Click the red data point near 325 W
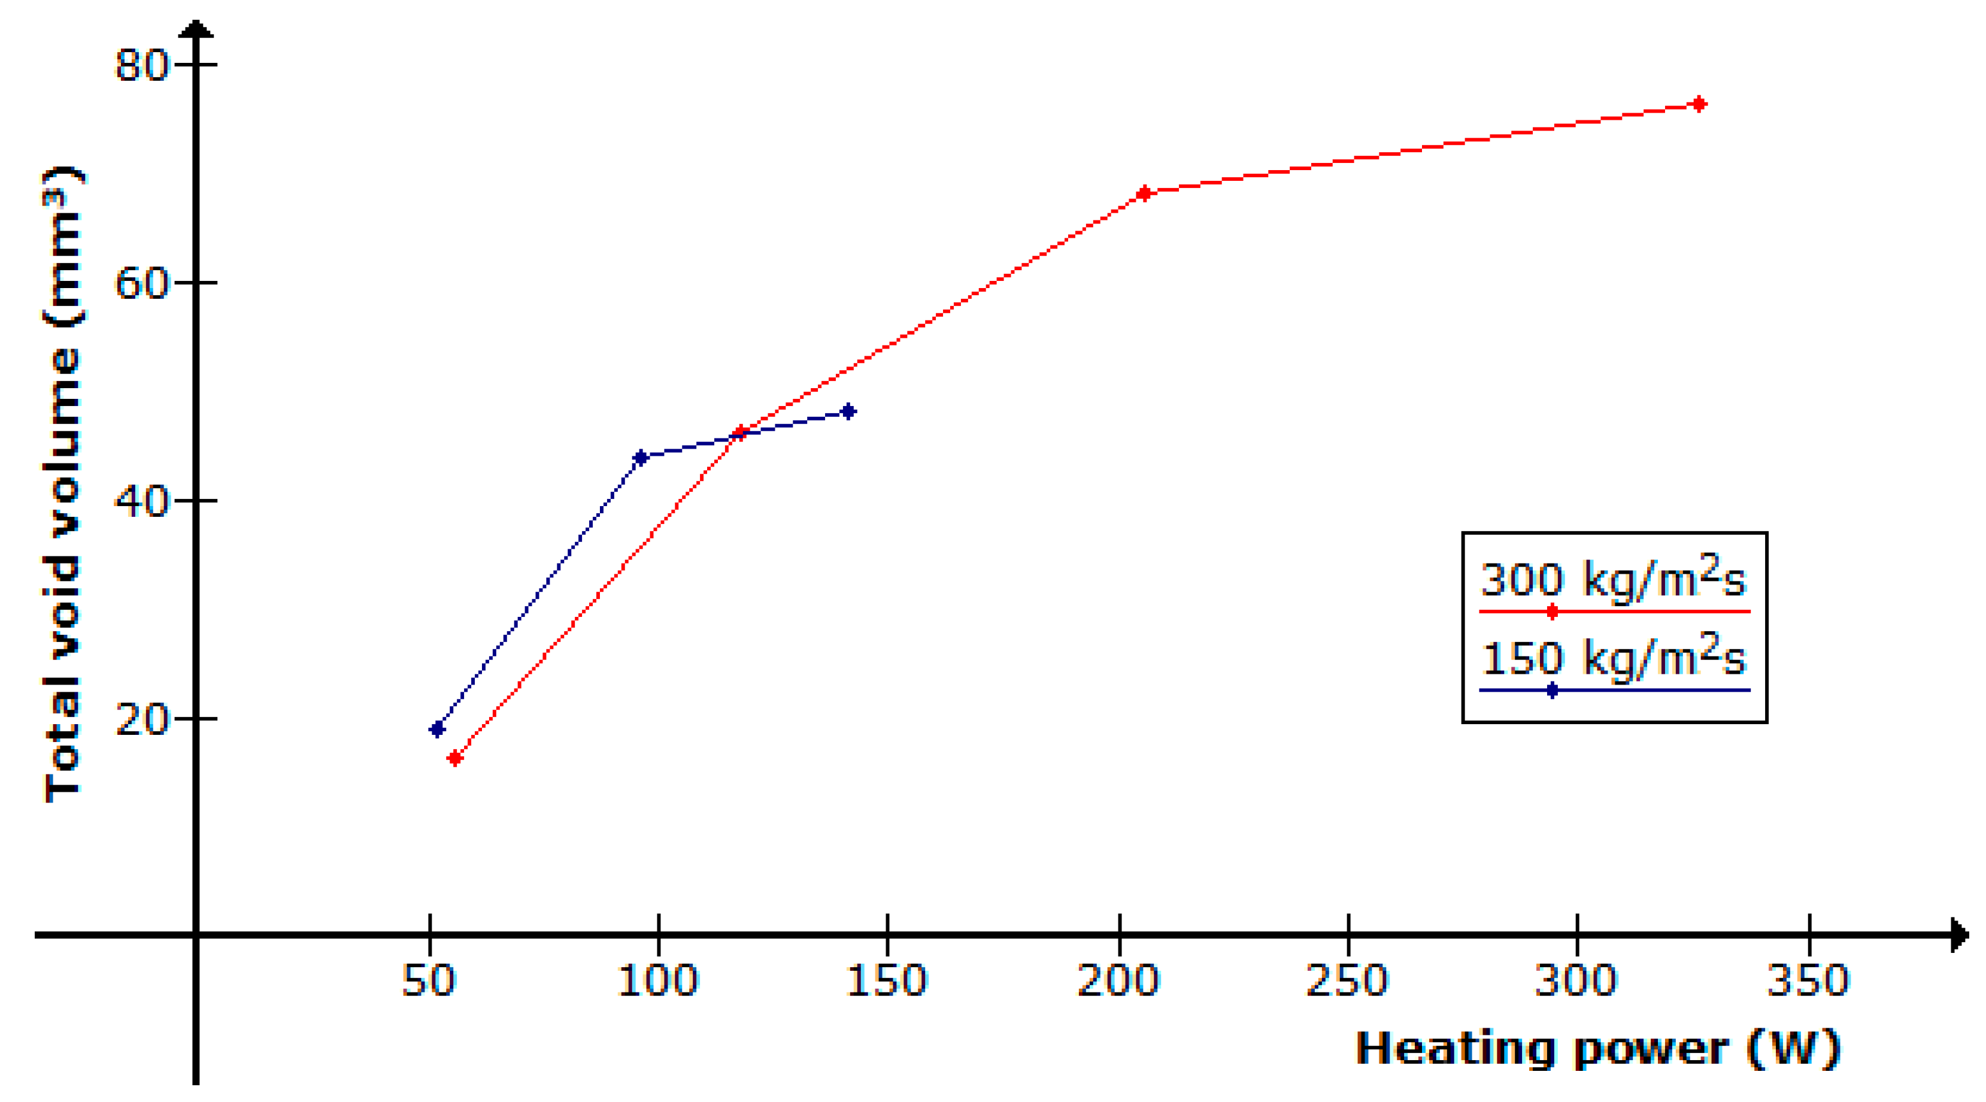point(1699,104)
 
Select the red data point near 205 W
point(1144,193)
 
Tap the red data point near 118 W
point(740,432)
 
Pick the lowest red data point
point(455,758)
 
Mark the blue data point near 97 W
point(640,458)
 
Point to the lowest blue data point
point(437,729)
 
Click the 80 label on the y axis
point(142,65)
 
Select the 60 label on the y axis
point(142,283)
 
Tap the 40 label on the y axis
point(142,501)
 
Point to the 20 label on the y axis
point(142,719)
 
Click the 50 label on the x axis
point(429,980)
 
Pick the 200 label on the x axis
point(1118,980)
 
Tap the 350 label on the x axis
point(1808,980)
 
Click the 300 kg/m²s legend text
point(1613,579)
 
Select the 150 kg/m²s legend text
point(1613,657)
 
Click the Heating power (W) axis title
point(1598,1049)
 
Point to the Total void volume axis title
point(63,485)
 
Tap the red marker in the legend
point(1552,611)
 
